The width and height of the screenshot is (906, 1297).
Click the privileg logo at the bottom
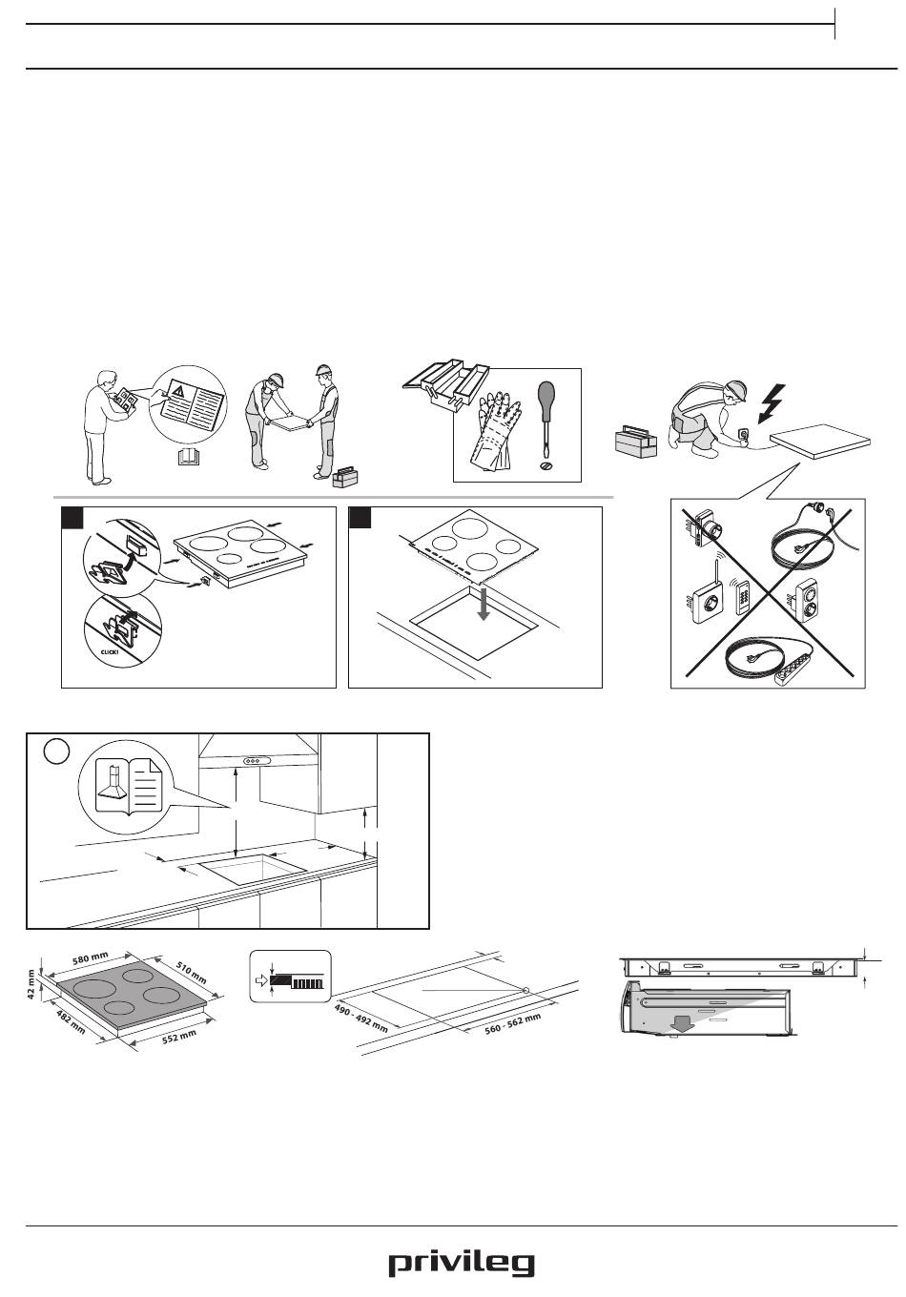[461, 1265]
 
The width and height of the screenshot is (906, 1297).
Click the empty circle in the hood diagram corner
[57, 751]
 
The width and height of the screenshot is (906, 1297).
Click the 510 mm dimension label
[191, 974]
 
